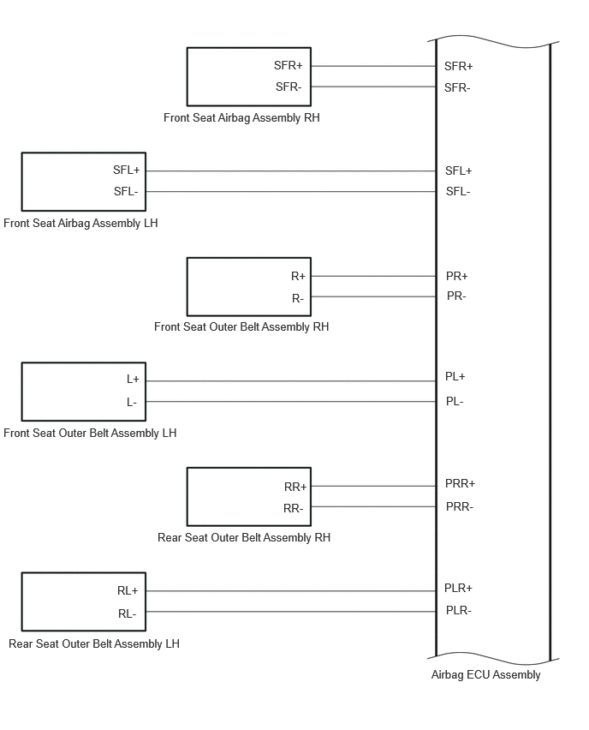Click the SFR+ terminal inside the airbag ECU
458,67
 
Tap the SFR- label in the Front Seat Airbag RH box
289,87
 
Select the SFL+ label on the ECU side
458,171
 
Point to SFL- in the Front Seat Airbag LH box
126,191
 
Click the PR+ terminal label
456,276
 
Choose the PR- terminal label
456,296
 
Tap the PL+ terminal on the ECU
455,376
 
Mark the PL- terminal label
455,401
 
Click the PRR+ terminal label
460,484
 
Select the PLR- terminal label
458,610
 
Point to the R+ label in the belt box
298,277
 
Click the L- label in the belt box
132,402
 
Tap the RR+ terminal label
295,487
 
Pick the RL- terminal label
127,614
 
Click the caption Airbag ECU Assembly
485,674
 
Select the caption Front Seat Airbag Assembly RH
241,117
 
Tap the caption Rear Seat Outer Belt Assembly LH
94,643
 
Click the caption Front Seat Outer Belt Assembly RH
241,326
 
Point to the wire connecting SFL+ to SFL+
291,171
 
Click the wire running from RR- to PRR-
373,506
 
